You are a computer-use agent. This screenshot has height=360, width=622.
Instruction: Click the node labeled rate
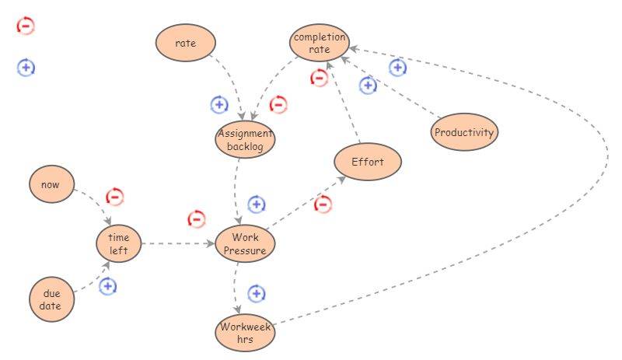click(x=185, y=44)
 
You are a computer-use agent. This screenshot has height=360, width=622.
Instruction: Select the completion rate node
click(x=320, y=44)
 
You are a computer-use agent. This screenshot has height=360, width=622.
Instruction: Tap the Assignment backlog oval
click(x=245, y=139)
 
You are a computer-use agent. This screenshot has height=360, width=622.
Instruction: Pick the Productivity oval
click(x=464, y=132)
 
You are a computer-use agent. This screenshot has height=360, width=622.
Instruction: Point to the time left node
click(x=118, y=243)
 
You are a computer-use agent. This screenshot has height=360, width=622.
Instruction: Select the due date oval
click(x=52, y=299)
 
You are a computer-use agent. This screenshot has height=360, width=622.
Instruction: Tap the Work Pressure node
click(x=245, y=243)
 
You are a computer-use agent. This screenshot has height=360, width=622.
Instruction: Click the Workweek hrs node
click(x=245, y=333)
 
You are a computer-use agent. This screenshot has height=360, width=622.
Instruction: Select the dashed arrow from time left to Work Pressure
click(x=177, y=243)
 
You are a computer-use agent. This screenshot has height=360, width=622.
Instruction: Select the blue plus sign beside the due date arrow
click(x=108, y=286)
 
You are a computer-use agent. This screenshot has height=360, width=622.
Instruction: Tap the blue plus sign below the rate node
click(x=219, y=104)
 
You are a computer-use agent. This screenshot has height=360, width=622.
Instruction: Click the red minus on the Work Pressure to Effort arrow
click(x=323, y=204)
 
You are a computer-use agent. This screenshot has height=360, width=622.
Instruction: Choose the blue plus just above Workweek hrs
click(x=257, y=294)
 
